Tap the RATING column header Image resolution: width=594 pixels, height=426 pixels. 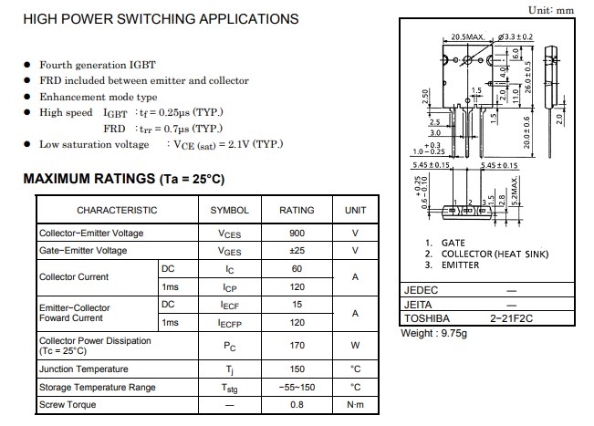tap(297, 210)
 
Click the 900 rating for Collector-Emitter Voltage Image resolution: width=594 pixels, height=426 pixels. tap(297, 234)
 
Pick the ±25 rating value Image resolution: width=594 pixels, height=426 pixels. tap(297, 251)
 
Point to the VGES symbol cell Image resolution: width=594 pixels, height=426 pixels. tap(230, 251)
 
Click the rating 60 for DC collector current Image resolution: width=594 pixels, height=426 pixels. tap(297, 269)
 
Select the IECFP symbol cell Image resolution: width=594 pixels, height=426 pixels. tap(230, 322)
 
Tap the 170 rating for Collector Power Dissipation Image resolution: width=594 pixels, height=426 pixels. tap(297, 346)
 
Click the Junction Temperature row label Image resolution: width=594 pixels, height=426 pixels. tap(84, 369)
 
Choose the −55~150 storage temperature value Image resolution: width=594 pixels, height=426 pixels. tap(297, 387)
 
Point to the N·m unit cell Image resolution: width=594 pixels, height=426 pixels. tap(355, 404)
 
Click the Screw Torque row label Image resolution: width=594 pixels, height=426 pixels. tap(68, 404)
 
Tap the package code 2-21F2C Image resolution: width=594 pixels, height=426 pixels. tap(510, 318)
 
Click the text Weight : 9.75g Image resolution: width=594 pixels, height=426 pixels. tap(434, 333)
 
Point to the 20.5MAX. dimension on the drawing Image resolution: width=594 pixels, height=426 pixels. tap(466, 36)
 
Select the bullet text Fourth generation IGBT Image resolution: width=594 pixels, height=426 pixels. tap(97, 65)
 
